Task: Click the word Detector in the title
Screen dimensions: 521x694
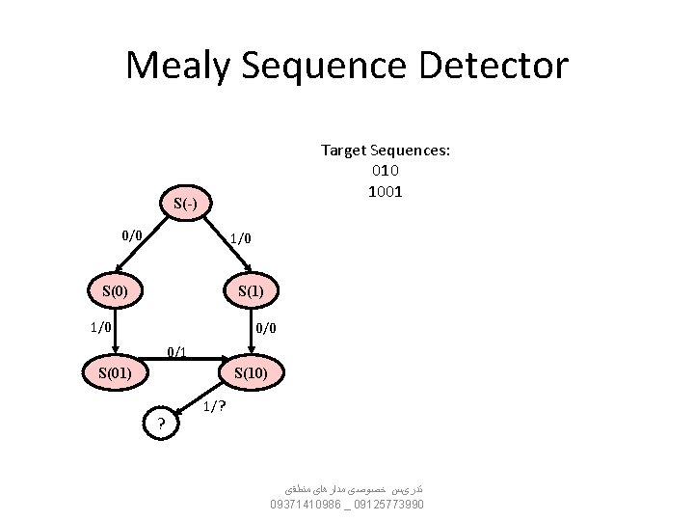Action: point(501,67)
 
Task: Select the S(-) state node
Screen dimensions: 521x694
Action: point(186,204)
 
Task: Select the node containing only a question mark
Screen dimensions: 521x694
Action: point(161,423)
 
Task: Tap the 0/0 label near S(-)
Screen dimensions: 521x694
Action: point(132,234)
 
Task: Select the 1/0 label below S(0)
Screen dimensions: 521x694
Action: point(100,327)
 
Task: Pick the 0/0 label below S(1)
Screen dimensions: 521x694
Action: point(266,328)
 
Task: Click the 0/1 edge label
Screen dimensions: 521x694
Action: point(177,351)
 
